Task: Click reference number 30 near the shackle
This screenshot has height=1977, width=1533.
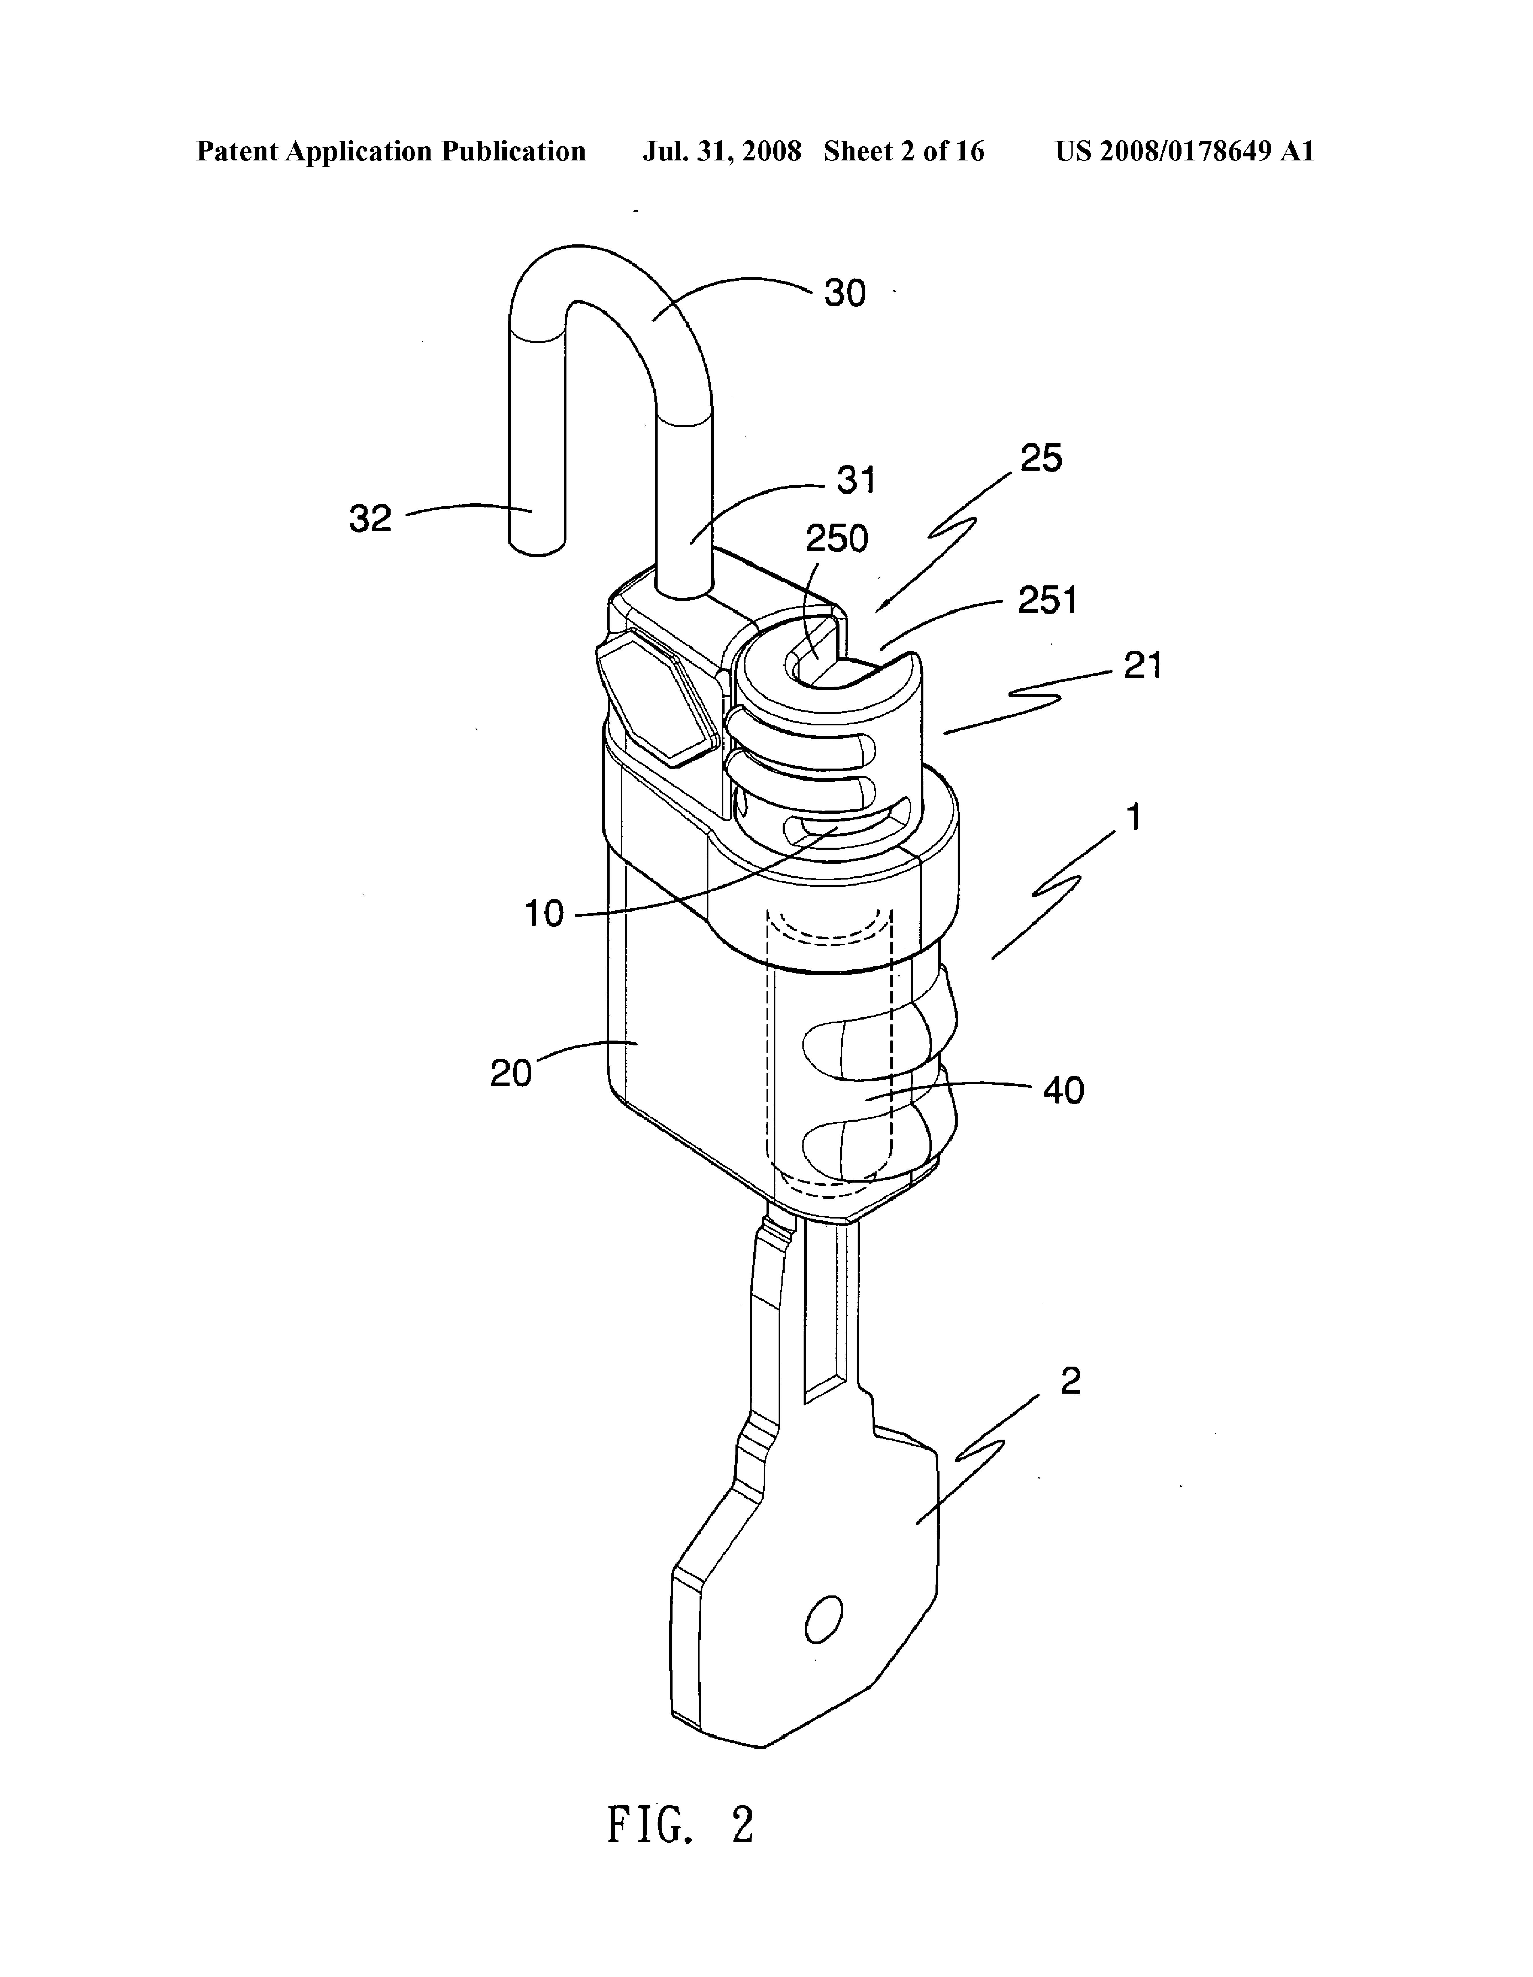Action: (x=844, y=293)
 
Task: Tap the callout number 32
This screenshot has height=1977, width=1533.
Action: (x=370, y=519)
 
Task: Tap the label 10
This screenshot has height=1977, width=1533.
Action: (x=544, y=914)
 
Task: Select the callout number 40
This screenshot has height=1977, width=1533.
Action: (x=1063, y=1091)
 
